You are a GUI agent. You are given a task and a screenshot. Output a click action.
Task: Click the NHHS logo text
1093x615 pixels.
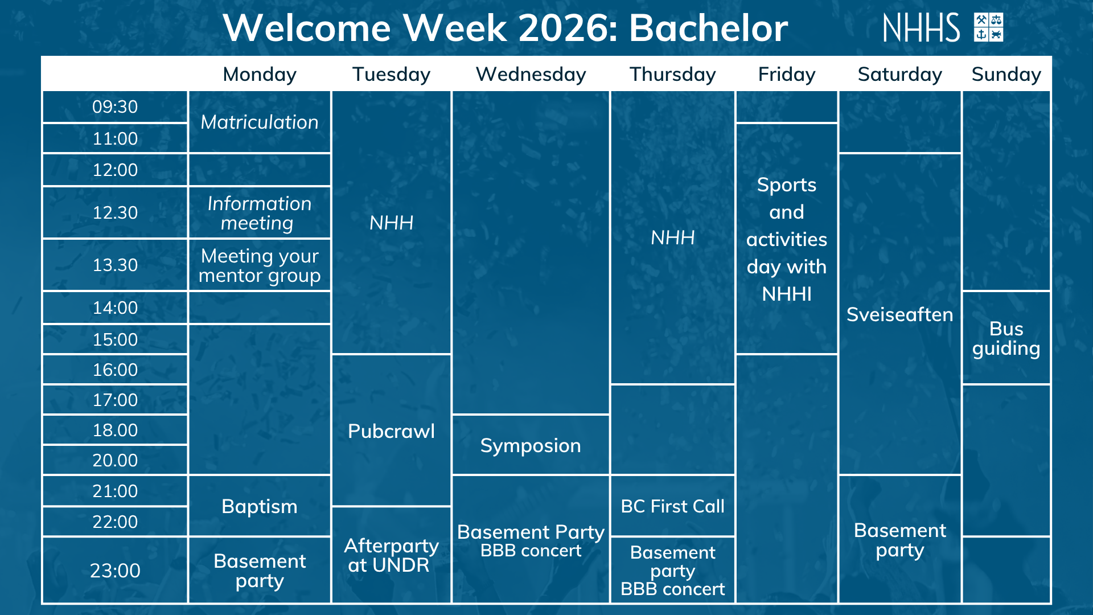click(x=921, y=28)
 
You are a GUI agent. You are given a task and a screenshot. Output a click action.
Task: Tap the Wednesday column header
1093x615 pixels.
click(x=531, y=75)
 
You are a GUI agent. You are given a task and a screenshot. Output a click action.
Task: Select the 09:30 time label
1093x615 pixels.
click(x=115, y=106)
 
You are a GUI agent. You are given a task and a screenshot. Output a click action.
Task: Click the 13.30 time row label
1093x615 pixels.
click(x=115, y=265)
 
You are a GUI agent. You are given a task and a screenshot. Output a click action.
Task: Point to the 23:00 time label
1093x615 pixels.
click(x=115, y=571)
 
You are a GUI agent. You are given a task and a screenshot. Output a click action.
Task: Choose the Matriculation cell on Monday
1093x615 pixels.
click(x=260, y=122)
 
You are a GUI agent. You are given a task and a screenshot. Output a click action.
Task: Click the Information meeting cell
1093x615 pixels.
click(x=260, y=213)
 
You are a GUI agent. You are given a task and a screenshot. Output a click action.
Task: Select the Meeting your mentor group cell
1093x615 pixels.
click(x=260, y=265)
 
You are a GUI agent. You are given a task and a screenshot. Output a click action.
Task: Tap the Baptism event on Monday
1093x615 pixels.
click(x=260, y=506)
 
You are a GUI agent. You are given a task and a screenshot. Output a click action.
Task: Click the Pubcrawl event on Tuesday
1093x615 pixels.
click(x=391, y=431)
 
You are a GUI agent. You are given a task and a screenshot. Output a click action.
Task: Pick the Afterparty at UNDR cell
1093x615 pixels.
click(x=391, y=555)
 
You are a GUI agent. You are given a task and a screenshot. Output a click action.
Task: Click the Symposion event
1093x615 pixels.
click(x=531, y=445)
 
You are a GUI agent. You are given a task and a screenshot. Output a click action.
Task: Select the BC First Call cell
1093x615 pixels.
click(x=672, y=506)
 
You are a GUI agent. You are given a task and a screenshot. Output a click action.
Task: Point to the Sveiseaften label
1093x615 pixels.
click(x=899, y=314)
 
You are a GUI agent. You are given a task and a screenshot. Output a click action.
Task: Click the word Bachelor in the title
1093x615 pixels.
click(x=708, y=28)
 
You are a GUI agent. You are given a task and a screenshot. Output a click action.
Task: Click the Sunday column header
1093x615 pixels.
click(x=1006, y=75)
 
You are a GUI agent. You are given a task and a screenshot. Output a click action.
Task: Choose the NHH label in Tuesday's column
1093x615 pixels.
click(x=391, y=223)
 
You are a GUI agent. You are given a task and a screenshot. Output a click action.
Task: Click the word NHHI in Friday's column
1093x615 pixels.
click(x=787, y=294)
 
